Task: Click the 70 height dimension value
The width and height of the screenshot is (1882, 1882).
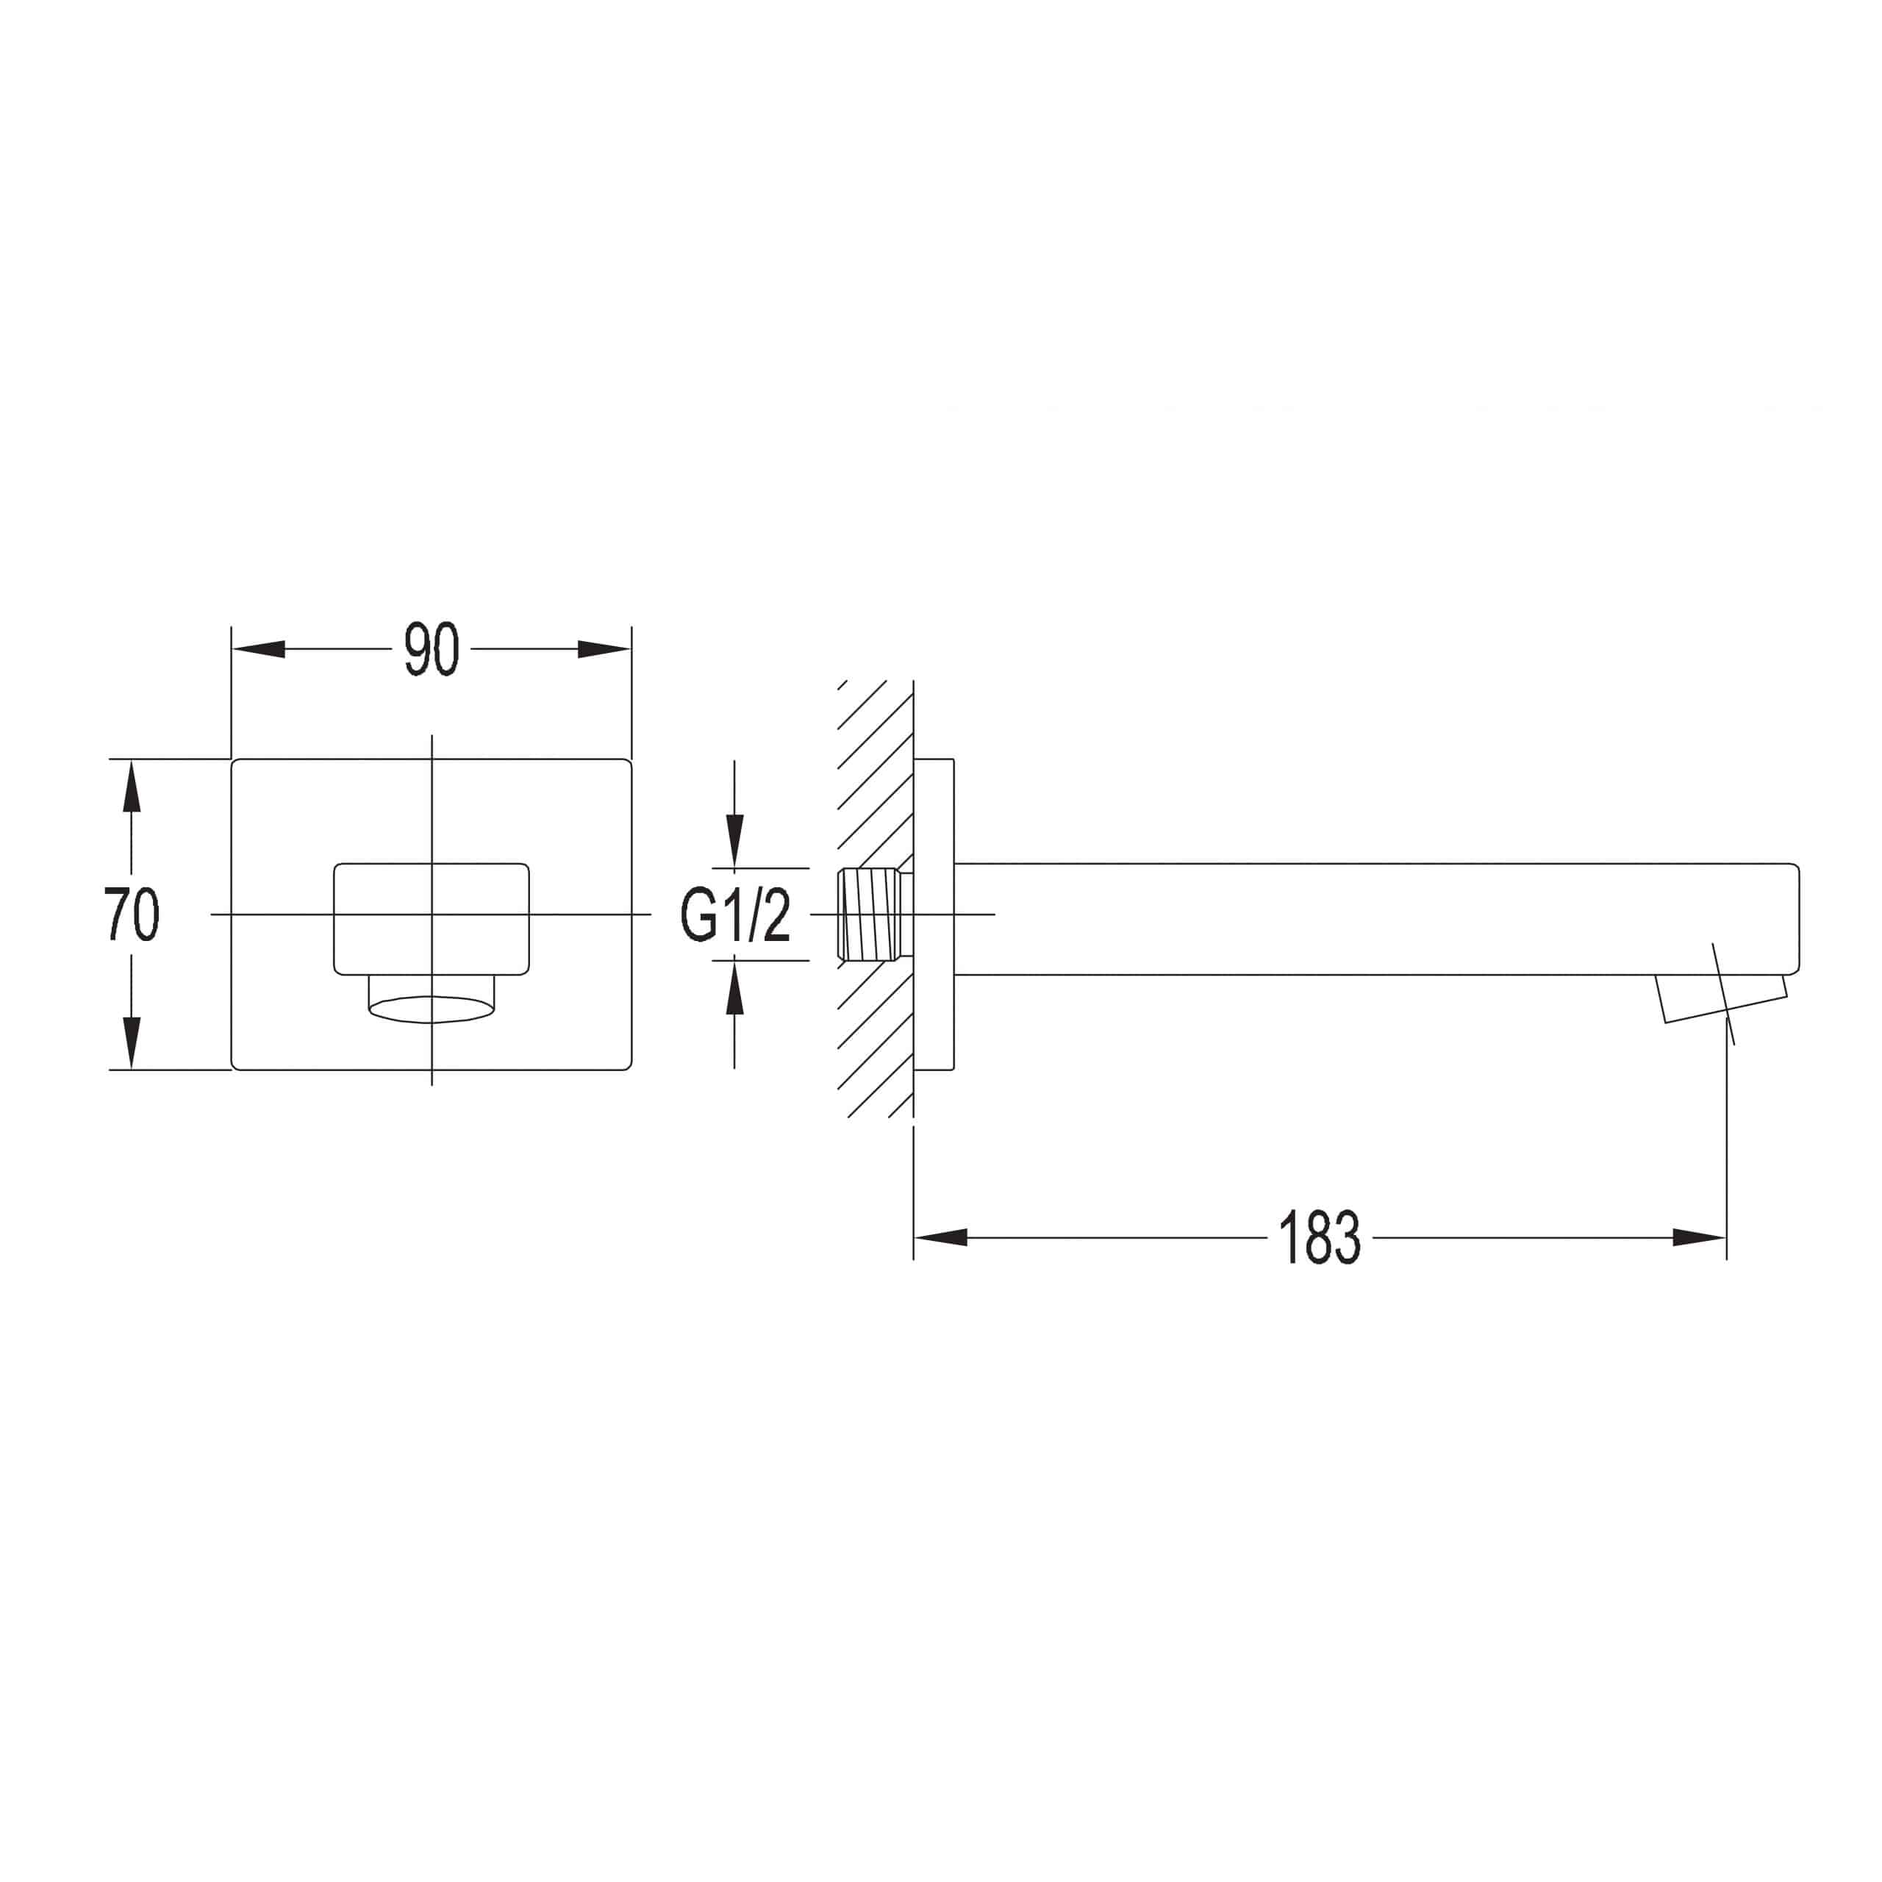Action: pos(132,914)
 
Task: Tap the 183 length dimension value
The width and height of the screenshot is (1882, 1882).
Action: pos(1319,1237)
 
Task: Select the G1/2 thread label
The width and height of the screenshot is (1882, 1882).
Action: pos(735,916)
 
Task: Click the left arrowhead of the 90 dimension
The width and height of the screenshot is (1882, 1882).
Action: pos(259,648)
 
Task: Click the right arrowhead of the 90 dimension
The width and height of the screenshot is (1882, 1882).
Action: pos(604,648)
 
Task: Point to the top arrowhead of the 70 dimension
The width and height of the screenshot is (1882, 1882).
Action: pos(132,786)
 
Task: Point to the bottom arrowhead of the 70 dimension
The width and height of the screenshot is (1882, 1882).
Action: pos(132,1043)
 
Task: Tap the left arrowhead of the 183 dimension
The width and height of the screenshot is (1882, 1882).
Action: pos(941,1237)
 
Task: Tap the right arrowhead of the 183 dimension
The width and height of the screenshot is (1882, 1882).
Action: pos(1699,1237)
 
